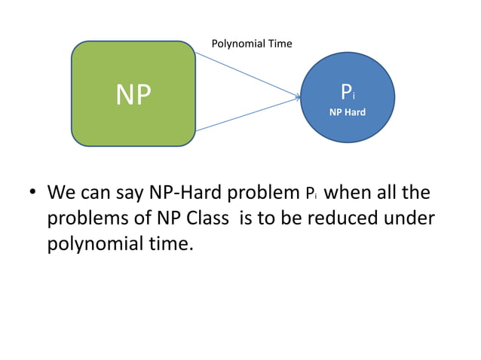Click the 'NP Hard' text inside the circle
coord(348,112)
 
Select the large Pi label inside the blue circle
coord(347,93)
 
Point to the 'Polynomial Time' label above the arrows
coord(252,44)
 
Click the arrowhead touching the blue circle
coord(297,96)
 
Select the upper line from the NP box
coord(245,74)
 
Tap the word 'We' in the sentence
coord(61,193)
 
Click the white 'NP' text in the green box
coord(133,94)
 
